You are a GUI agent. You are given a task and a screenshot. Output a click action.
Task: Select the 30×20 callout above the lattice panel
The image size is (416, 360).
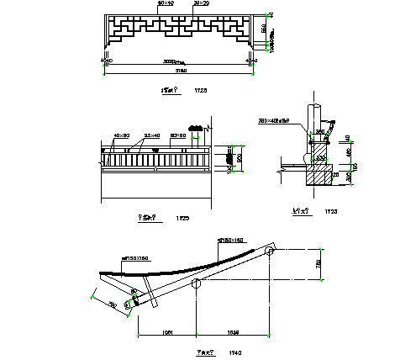coord(201,3)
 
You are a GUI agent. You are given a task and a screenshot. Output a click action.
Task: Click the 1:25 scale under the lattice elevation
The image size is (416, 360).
coord(200,88)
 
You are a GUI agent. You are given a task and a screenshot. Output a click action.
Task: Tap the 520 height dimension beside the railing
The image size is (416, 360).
coord(239,157)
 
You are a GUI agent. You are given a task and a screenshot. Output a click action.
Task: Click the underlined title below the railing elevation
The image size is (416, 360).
coord(150,217)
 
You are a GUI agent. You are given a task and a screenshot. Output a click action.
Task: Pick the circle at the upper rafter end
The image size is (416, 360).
coord(271,251)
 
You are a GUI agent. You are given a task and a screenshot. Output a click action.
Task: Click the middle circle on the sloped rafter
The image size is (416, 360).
coord(196,284)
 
